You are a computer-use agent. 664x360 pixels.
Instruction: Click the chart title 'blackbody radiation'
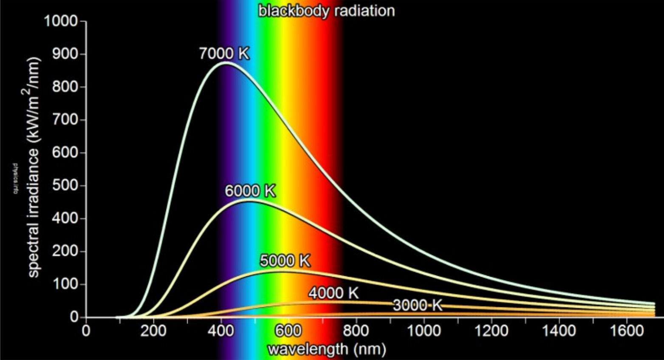(326, 11)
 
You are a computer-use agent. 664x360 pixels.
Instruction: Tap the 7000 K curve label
(224, 54)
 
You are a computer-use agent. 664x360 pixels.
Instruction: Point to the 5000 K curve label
(285, 261)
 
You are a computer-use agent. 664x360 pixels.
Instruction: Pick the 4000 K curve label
(333, 293)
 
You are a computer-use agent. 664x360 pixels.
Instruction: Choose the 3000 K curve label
(417, 305)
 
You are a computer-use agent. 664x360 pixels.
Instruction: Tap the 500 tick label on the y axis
(65, 186)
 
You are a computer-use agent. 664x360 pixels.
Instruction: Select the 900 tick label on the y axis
(65, 54)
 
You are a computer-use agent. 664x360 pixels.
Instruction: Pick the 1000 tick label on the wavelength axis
(424, 331)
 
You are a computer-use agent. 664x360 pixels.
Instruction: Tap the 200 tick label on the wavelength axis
(153, 331)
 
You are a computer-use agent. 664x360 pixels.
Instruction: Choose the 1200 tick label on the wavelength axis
(491, 331)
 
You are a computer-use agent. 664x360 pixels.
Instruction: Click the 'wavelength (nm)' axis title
(327, 349)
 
